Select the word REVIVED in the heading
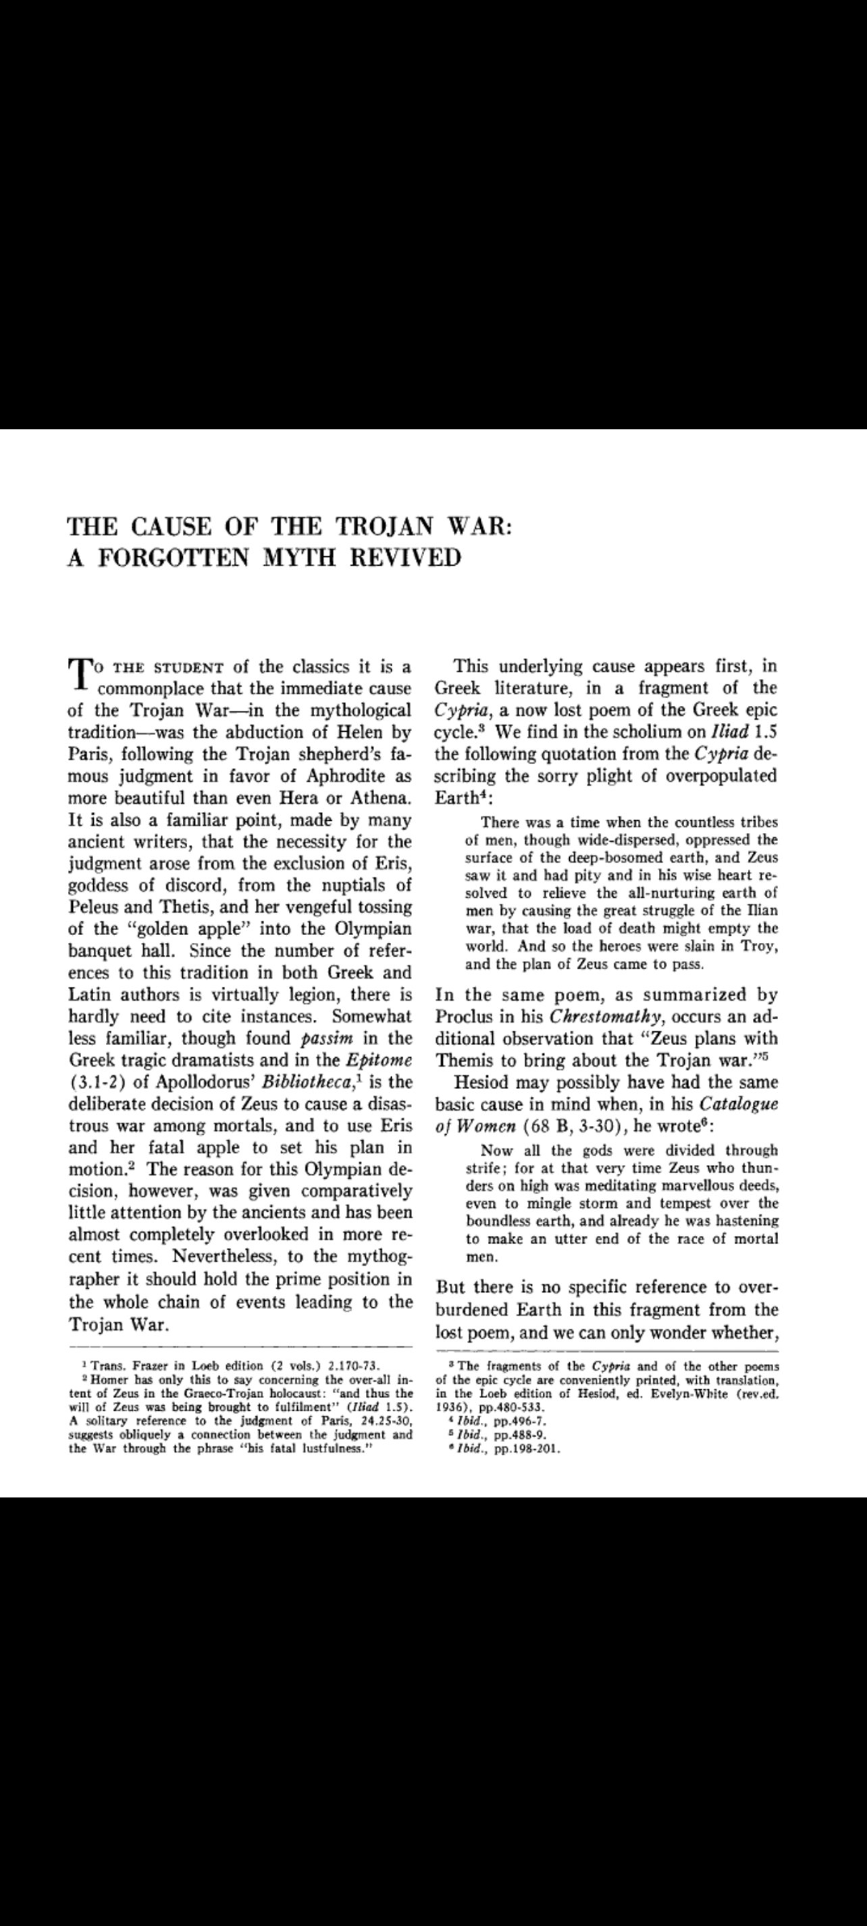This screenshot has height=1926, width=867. coord(405,558)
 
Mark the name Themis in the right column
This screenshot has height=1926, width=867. coord(462,1060)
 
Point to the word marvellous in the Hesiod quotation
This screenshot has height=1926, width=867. coord(691,1185)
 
